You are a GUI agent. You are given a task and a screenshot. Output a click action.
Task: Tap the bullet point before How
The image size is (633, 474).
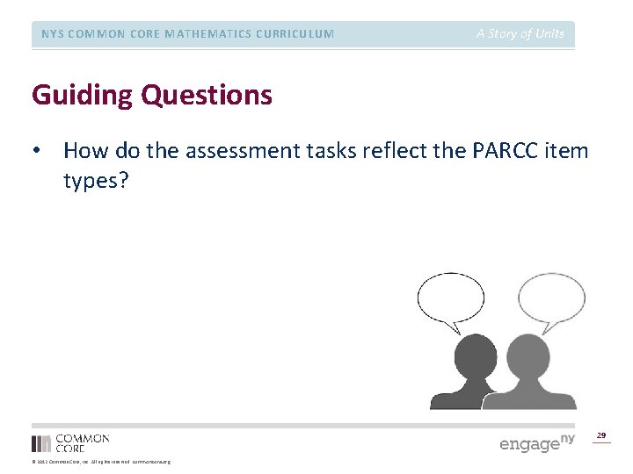click(x=36, y=151)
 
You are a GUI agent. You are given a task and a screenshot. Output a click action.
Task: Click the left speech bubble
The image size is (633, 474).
click(x=449, y=299)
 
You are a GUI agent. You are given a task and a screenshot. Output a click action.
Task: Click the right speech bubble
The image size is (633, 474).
click(x=551, y=298)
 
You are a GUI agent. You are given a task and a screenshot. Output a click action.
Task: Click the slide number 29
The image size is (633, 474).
click(x=601, y=435)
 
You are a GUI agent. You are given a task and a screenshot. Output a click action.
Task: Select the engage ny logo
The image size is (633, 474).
click(x=536, y=442)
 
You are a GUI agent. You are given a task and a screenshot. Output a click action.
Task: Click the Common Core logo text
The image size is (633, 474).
click(x=82, y=442)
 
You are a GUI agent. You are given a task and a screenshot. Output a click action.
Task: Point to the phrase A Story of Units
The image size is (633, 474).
click(x=520, y=33)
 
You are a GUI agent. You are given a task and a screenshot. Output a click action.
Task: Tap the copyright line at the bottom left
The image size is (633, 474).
click(x=101, y=462)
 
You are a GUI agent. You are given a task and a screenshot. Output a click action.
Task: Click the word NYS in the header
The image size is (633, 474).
click(x=54, y=34)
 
